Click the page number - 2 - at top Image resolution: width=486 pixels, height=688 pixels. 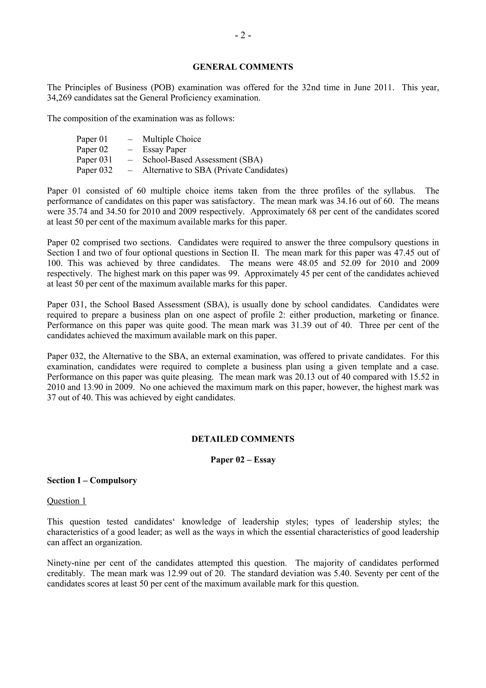point(243,36)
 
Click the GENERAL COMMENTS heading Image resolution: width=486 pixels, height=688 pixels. point(243,67)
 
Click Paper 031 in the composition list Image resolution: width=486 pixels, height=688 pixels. point(94,160)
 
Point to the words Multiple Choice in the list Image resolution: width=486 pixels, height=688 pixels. point(172,139)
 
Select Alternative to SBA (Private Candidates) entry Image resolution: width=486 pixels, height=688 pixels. point(215,170)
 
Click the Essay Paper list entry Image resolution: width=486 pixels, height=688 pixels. point(164,149)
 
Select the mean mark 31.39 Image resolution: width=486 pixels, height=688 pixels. point(301,325)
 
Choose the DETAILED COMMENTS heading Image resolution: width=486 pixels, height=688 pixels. point(243,439)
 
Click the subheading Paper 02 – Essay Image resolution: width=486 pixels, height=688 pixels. point(243,460)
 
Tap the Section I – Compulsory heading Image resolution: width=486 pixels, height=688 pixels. point(92,480)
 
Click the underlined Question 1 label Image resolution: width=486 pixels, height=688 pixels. point(66,501)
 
